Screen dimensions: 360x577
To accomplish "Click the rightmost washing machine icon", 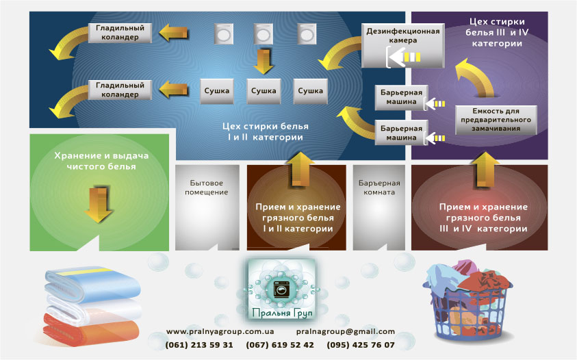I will (305, 34).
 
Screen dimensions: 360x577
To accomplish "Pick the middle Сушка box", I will (264, 90).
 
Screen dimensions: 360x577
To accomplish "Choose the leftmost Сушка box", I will (217, 90).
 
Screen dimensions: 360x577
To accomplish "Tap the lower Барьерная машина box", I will (401, 132).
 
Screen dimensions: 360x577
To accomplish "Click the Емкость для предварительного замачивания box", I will (496, 119).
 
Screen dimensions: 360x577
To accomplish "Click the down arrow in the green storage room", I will (99, 203).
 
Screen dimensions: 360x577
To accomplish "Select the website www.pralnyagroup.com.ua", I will (220, 331).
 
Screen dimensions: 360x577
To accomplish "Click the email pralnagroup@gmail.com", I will (346, 331).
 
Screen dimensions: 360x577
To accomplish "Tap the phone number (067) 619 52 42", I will (282, 345).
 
